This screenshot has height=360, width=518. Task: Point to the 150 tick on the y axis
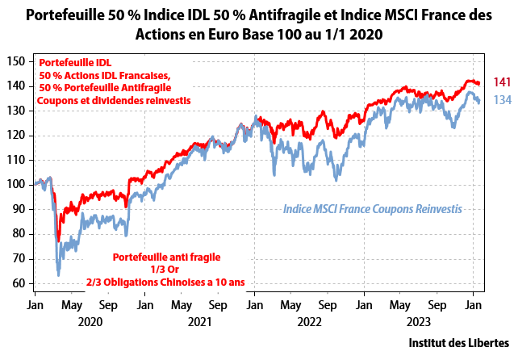click(17, 61)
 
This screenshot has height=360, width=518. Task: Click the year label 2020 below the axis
click(90, 321)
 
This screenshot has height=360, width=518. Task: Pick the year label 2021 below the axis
click(199, 321)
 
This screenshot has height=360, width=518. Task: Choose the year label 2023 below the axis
click(419, 321)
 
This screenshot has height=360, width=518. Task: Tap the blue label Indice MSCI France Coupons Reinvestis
click(372, 208)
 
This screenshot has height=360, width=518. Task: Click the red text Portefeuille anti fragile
click(167, 257)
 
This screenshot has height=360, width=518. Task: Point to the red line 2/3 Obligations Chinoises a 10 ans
click(167, 281)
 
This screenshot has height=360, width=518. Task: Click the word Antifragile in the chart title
click(303, 15)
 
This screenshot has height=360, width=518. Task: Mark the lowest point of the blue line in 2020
click(58, 275)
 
